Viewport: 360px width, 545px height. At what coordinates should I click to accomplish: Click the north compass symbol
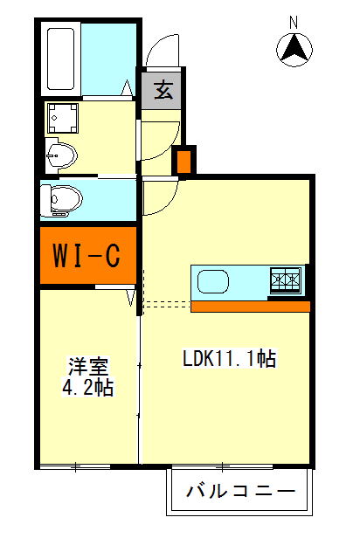point(295,49)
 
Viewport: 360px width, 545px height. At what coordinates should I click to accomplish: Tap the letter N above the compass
point(294,21)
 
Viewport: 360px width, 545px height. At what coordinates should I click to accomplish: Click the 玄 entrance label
point(163,89)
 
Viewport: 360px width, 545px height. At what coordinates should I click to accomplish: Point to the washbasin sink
point(62,156)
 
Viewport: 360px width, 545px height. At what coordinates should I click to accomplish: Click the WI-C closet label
point(87,256)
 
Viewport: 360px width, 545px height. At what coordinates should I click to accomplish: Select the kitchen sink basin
point(215,282)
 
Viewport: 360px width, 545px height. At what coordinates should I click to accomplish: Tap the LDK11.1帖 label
point(230,358)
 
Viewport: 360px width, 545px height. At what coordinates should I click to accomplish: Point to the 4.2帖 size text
point(87,387)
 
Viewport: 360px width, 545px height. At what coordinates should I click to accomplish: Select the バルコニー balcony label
point(240,491)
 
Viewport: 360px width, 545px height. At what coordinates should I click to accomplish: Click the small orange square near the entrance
point(183,162)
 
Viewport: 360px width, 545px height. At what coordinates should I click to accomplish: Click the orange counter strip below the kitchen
point(250,306)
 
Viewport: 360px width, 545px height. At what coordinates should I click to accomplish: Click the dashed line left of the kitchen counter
point(166,304)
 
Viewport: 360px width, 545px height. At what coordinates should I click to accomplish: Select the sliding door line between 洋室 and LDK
point(140,384)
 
